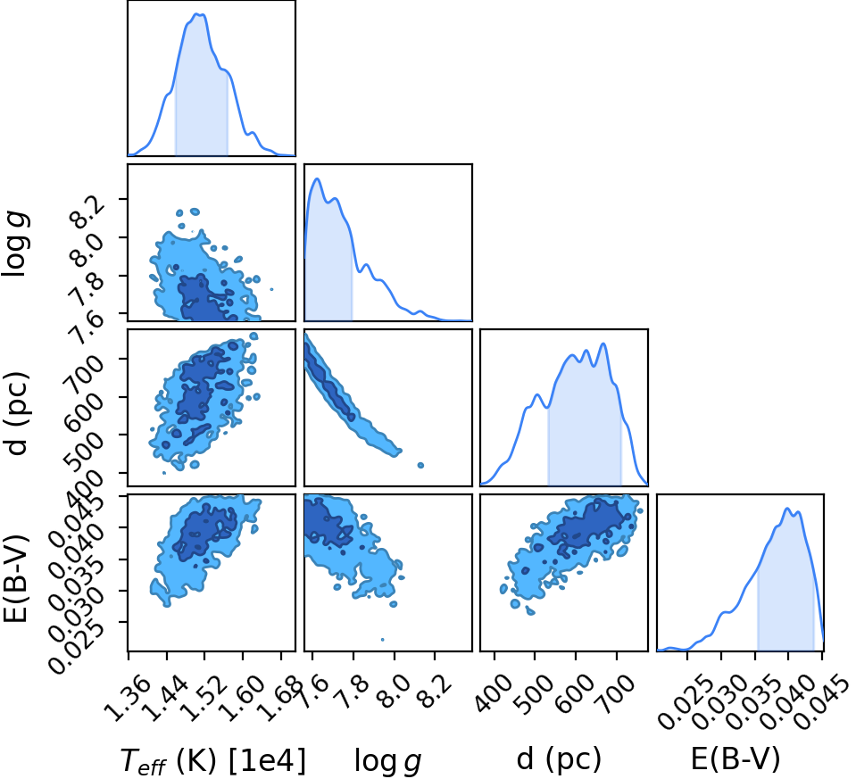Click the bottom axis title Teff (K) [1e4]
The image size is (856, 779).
click(213, 759)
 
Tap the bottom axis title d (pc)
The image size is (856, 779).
click(559, 758)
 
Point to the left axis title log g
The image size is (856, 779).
click(15, 245)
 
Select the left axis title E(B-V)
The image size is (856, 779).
click(15, 573)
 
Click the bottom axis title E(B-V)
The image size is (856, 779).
click(735, 758)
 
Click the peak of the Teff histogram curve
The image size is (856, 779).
click(199, 14)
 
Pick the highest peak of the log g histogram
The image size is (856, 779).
click(317, 178)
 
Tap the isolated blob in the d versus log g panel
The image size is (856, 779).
click(420, 465)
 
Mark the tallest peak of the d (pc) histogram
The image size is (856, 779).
click(603, 344)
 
